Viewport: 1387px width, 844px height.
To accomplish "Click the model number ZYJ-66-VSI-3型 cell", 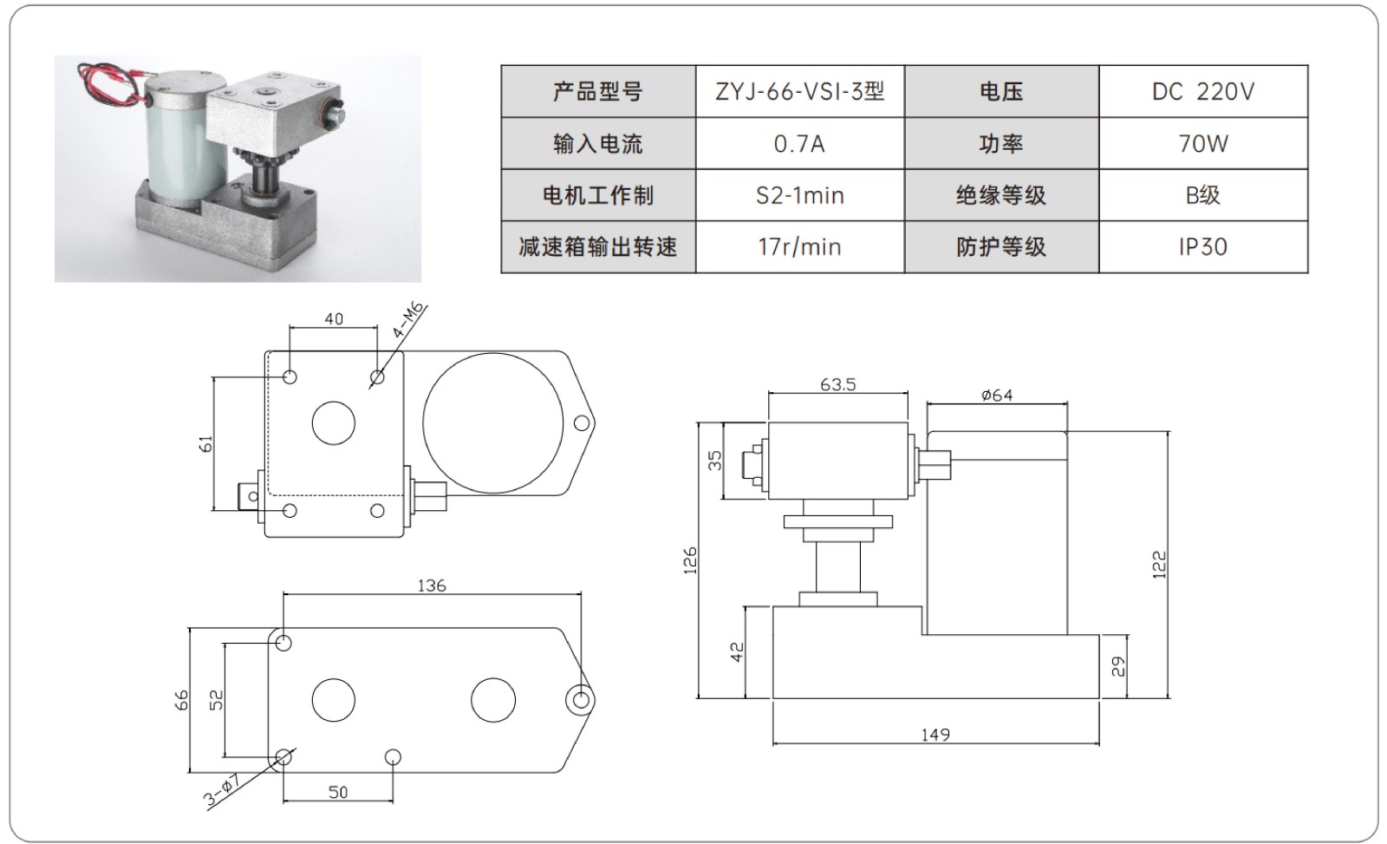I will [x=799, y=91].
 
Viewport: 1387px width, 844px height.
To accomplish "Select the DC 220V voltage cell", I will [x=1202, y=91].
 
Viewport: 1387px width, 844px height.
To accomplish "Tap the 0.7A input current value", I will [x=799, y=143].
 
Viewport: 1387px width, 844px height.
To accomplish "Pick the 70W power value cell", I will [x=1202, y=143].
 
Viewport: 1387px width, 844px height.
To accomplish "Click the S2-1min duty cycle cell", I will [x=799, y=195].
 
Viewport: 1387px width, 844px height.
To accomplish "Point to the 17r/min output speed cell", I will [x=799, y=247].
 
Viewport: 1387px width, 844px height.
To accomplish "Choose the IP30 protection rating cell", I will [x=1202, y=247].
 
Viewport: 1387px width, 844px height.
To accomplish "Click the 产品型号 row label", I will [x=598, y=91].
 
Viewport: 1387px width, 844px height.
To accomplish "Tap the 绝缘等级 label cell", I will [x=1001, y=195].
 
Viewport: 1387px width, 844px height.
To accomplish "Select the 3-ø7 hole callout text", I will [x=223, y=790].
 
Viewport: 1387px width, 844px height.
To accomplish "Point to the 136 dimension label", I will [x=431, y=586].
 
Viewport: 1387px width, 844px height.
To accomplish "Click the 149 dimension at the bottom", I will [x=935, y=735].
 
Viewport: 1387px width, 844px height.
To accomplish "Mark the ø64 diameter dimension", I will [x=997, y=396].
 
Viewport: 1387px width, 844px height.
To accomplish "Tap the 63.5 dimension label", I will [x=837, y=384].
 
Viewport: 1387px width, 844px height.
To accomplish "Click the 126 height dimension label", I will [x=690, y=560].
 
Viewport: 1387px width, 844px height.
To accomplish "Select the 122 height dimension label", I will [x=1160, y=564].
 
